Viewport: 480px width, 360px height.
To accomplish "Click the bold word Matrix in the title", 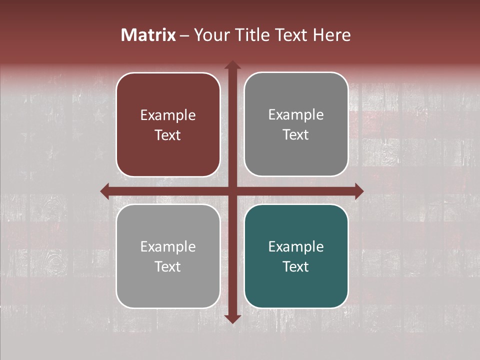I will pos(148,35).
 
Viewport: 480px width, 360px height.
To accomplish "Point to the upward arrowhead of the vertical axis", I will pos(232,65).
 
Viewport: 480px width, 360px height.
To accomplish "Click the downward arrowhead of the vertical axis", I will pos(232,318).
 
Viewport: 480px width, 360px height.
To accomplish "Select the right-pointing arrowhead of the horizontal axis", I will pos(358,191).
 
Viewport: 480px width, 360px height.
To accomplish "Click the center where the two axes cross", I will pos(232,191).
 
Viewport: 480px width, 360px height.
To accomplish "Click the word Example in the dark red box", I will pos(168,115).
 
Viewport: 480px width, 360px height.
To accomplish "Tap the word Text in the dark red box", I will pos(168,135).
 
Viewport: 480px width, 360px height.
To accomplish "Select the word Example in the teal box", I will pos(296,246).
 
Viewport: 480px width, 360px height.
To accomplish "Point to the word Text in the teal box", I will pos(296,266).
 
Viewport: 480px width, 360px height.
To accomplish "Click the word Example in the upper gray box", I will pos(296,115).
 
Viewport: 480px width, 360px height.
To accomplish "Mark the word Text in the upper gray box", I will pos(296,135).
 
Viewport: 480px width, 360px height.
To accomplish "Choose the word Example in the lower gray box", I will pos(168,246).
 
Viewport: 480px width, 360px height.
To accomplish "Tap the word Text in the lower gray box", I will pos(168,266).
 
